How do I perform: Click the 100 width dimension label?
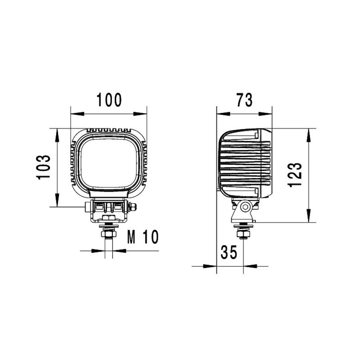tap(108, 99)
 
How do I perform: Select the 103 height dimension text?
tap(44, 167)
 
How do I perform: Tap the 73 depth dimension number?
tap(244, 99)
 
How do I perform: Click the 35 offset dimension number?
tap(228, 252)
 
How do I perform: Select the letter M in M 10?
tap(131, 237)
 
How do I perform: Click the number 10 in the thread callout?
tap(150, 237)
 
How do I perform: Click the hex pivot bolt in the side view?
tap(245, 207)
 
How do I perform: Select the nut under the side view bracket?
tap(243, 233)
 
